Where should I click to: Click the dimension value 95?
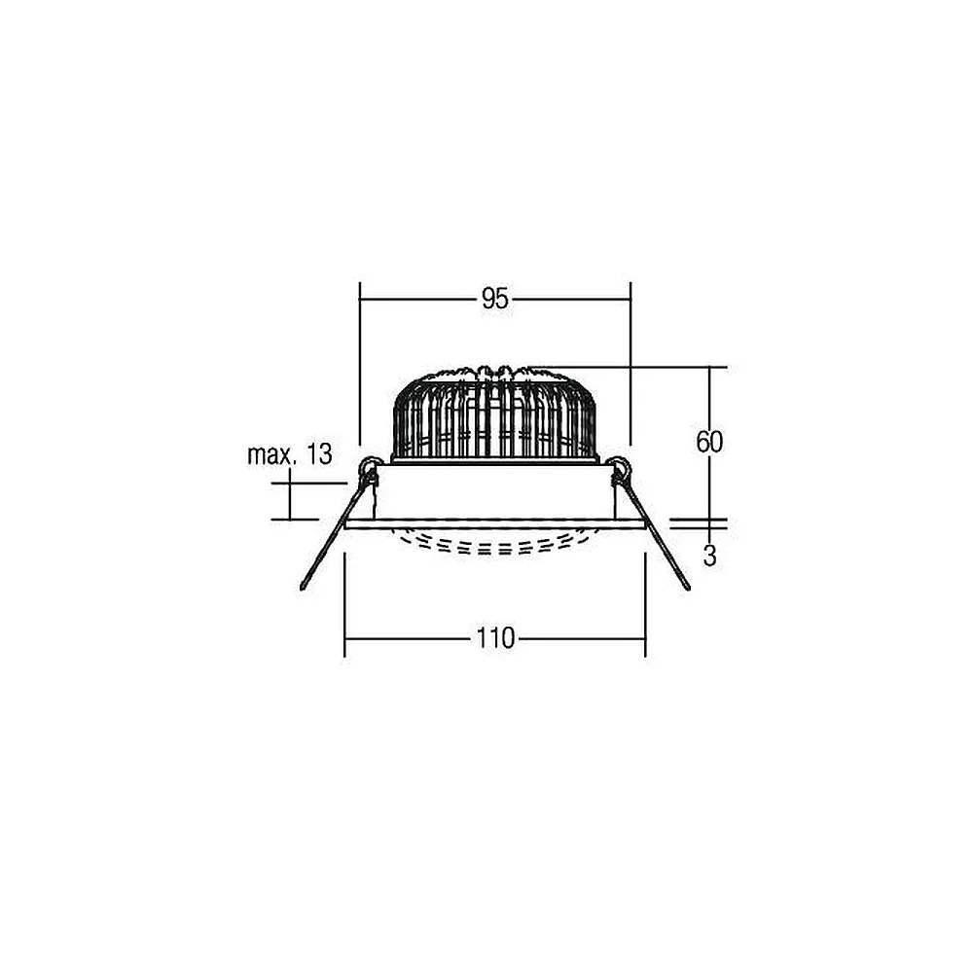pos(494,300)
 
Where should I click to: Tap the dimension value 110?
pos(496,638)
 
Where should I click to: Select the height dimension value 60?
pos(709,443)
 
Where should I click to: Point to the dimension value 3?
pos(710,556)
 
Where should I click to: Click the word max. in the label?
pos(270,454)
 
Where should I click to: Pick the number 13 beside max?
pos(319,454)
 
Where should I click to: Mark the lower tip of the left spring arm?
pos(303,587)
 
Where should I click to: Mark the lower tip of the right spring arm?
pos(687,587)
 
